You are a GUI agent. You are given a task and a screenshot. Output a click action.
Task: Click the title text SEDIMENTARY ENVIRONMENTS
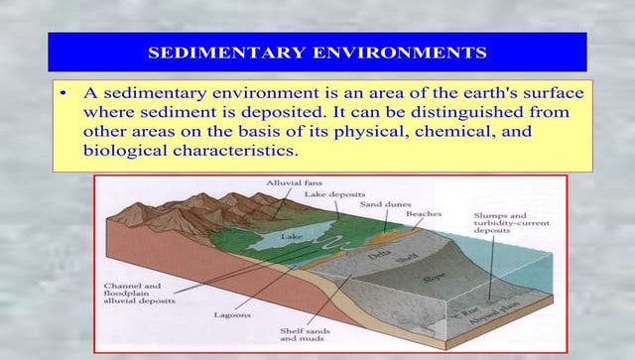(x=317, y=51)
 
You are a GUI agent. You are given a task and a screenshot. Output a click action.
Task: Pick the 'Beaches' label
(x=424, y=213)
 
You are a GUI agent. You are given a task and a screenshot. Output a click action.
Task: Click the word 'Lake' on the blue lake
(x=291, y=238)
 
